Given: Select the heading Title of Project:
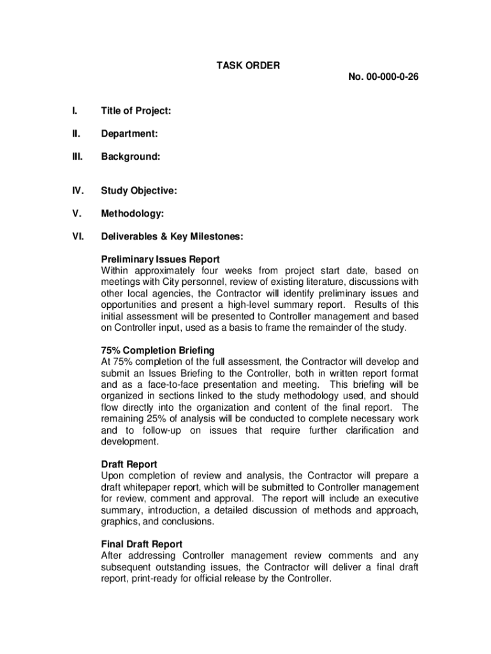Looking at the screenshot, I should (x=136, y=111).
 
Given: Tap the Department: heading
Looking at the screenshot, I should (x=129, y=133).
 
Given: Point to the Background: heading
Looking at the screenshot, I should (x=130, y=156).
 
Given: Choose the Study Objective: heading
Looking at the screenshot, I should (x=139, y=190).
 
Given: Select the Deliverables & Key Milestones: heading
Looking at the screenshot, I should (x=172, y=236).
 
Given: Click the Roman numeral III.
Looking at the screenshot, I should (x=77, y=156).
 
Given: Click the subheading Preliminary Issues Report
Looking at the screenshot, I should (x=161, y=259).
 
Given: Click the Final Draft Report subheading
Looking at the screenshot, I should (x=142, y=545).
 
